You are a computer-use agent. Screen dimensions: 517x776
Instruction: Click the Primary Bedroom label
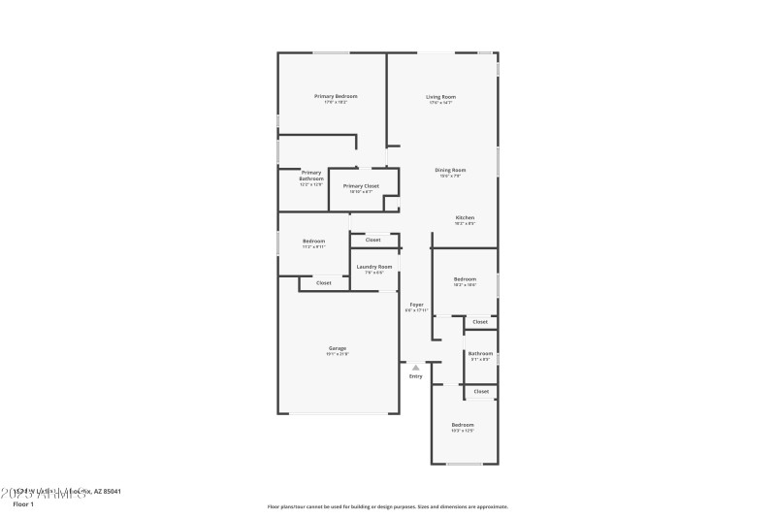pos(336,96)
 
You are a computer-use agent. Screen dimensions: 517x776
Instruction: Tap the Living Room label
pos(441,96)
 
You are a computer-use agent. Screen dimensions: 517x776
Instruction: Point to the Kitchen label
pos(465,217)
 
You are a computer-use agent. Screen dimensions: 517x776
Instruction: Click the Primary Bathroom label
pos(311,176)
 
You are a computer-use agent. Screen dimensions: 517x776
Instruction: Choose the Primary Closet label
pos(361,185)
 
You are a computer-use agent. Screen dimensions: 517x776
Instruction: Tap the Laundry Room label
pos(373,266)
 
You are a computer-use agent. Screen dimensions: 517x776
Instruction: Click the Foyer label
pos(415,305)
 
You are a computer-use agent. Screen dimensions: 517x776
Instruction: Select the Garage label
pos(337,348)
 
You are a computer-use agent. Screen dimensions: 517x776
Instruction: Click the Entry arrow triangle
pos(415,368)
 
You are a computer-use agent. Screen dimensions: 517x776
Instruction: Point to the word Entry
pos(415,376)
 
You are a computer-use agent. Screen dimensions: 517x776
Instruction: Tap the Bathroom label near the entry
pos(480,353)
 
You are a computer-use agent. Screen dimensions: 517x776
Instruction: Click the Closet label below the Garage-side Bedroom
pos(323,283)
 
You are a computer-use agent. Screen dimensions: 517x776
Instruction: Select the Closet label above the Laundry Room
pos(372,240)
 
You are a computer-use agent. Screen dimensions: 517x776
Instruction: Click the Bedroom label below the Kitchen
pos(465,278)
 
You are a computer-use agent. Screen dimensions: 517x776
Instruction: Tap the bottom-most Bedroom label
pos(462,425)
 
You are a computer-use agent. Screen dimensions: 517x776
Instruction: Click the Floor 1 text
pos(23,504)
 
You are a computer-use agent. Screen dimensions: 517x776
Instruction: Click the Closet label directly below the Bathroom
pos(481,391)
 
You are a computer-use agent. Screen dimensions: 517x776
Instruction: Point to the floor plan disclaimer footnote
pos(387,506)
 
